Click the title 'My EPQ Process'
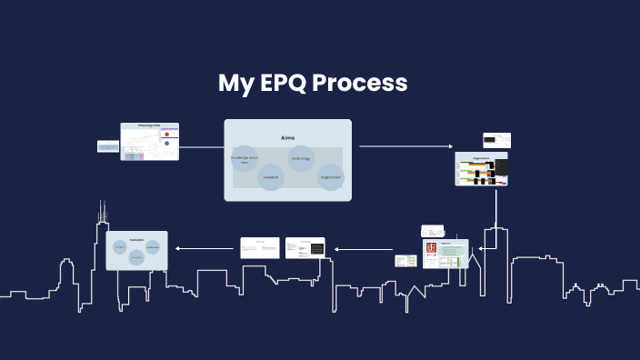click(x=312, y=84)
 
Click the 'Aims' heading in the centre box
click(x=288, y=137)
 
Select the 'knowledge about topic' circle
click(x=245, y=159)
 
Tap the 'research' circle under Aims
click(x=272, y=176)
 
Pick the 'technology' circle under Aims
click(x=301, y=158)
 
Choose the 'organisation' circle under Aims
click(x=330, y=176)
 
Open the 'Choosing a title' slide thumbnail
click(x=150, y=142)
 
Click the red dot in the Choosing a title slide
click(x=166, y=134)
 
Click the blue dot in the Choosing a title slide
click(x=166, y=143)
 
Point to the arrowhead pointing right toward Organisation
click(x=449, y=146)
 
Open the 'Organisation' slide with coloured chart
click(x=481, y=169)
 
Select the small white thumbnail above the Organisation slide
click(x=496, y=140)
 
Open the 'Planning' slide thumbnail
click(x=305, y=247)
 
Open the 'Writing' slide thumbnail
click(x=260, y=247)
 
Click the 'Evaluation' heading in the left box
click(x=136, y=238)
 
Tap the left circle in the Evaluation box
click(x=120, y=246)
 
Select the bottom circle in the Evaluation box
click(x=136, y=257)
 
